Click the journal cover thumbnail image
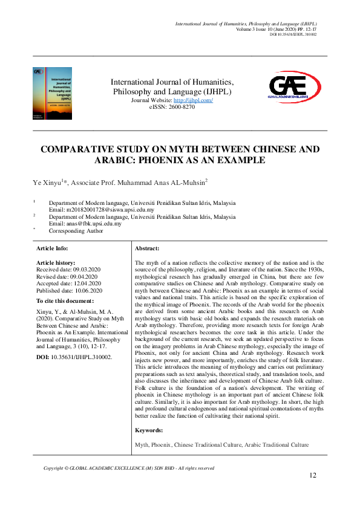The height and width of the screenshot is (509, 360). click(52, 92)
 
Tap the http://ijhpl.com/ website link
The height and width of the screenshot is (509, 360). click(193, 100)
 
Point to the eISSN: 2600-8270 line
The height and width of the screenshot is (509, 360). click(172, 106)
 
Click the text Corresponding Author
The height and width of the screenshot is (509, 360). click(76, 230)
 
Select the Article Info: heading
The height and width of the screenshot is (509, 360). click(52, 248)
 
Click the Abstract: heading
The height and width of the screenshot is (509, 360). click(147, 248)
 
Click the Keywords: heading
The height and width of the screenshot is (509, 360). click(149, 430)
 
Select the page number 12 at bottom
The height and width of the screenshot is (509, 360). click(313, 476)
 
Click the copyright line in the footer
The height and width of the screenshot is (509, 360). click(129, 468)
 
